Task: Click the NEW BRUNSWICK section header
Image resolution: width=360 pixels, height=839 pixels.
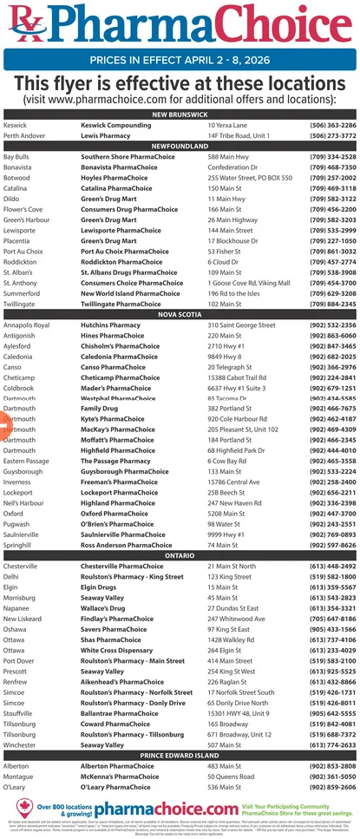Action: pyautogui.click(x=180, y=115)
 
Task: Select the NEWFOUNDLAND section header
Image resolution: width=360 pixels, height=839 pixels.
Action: pyautogui.click(x=180, y=147)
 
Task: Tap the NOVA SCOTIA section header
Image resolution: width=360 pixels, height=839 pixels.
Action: pyautogui.click(x=180, y=315)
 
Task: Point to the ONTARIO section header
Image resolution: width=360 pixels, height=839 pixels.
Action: pyautogui.click(x=180, y=554)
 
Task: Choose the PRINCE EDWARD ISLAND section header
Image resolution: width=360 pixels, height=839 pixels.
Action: pyautogui.click(x=180, y=756)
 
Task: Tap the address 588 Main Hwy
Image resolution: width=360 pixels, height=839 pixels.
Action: pyautogui.click(x=229, y=157)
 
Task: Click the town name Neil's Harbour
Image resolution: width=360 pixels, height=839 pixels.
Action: pyautogui.click(x=24, y=502)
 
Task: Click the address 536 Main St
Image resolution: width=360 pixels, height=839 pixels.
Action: pyautogui.click(x=225, y=787)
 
